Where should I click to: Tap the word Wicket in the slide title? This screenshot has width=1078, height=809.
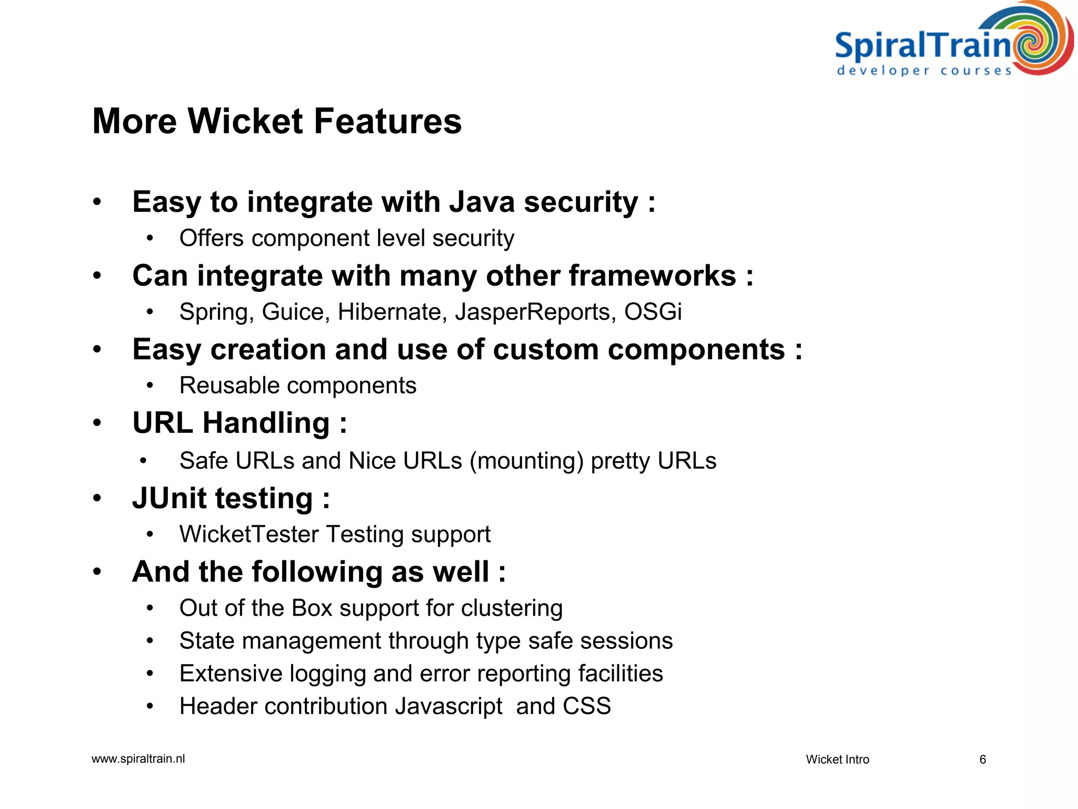point(245,121)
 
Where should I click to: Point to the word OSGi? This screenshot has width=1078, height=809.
point(653,312)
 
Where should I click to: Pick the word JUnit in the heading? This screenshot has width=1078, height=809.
point(169,498)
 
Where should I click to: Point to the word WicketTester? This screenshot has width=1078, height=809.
point(249,534)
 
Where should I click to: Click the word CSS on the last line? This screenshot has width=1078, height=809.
point(586,706)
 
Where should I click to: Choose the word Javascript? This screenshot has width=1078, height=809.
point(448,706)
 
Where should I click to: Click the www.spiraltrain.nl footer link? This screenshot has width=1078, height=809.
point(138,759)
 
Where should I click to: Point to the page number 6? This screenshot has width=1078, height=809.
point(982,759)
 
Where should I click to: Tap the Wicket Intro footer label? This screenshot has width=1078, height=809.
point(837,759)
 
